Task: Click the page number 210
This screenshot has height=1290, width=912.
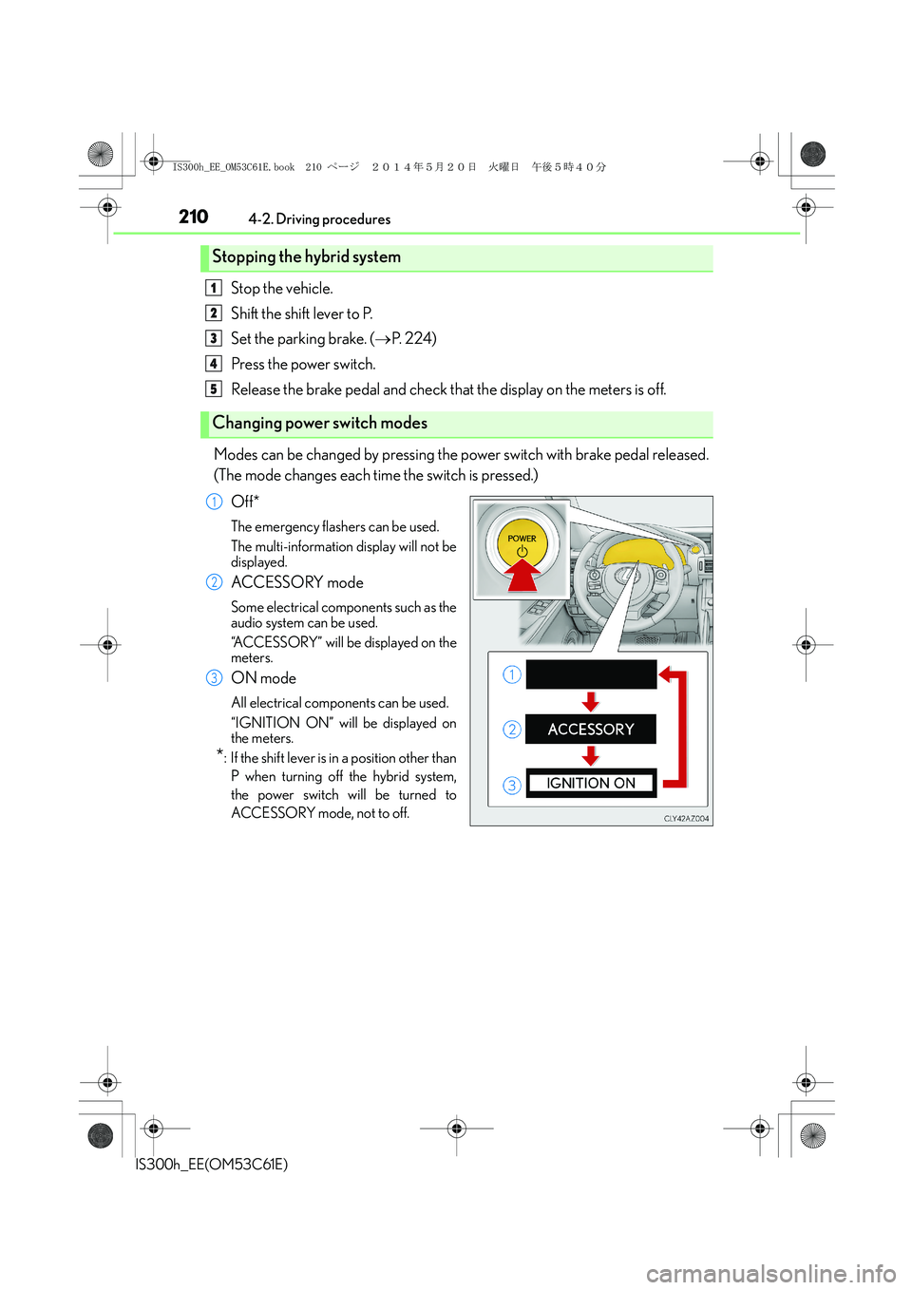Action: [x=194, y=217]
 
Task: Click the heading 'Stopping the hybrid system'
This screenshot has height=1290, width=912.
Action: [x=306, y=257]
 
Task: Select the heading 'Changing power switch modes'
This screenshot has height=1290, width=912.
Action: [x=319, y=424]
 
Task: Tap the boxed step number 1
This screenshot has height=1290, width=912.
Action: [x=214, y=288]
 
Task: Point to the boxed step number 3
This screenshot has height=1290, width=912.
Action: [x=214, y=338]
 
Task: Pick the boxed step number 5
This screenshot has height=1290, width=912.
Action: [x=214, y=389]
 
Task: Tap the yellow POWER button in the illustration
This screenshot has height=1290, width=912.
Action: [x=522, y=541]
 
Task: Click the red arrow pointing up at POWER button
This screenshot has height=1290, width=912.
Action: [x=522, y=576]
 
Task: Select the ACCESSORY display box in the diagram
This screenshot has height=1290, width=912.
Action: [x=590, y=730]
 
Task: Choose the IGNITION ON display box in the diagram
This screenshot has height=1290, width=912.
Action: [x=590, y=784]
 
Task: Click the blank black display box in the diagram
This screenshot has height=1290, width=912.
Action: [x=590, y=674]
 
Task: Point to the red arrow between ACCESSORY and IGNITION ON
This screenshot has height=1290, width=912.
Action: [x=591, y=756]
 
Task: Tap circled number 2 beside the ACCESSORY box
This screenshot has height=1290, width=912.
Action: [x=512, y=730]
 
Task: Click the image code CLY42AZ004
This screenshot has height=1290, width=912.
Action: [x=686, y=819]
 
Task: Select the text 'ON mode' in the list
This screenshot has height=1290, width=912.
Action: [x=263, y=678]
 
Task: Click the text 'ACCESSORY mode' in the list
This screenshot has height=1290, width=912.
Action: [x=296, y=582]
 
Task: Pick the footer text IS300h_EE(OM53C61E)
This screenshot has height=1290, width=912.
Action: [x=212, y=1165]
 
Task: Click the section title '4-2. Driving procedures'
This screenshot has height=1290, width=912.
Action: [x=319, y=219]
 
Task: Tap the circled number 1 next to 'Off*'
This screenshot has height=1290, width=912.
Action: [x=215, y=502]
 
